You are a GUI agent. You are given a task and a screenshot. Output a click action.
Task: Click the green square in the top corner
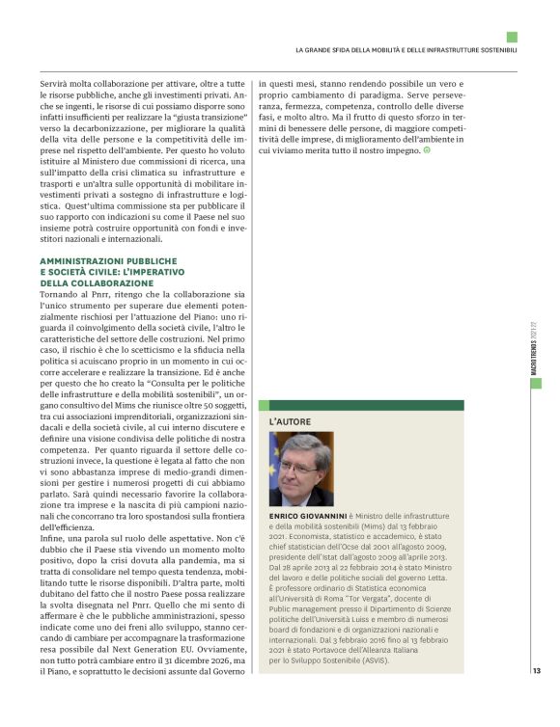tap(511, 37)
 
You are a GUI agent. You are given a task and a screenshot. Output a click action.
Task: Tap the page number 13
tap(536, 671)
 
